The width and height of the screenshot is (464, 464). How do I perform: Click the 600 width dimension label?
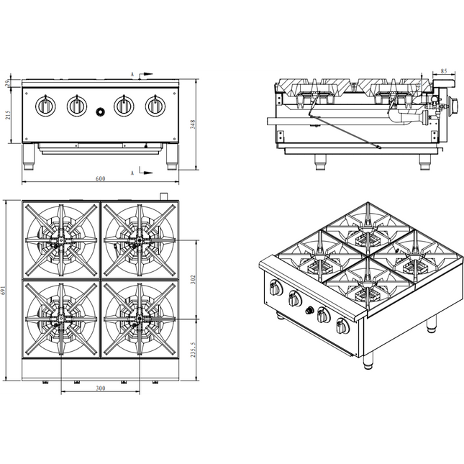(100, 178)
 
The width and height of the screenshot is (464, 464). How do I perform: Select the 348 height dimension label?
(193, 124)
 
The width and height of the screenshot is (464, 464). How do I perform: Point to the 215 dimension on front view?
(8, 115)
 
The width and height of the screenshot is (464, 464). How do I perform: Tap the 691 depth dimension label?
(4, 291)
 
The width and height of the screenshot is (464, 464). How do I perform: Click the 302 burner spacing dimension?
(193, 279)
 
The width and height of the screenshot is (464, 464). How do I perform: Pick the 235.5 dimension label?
(193, 350)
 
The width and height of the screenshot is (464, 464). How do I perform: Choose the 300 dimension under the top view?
(100, 388)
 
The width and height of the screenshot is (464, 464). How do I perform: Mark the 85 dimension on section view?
(444, 71)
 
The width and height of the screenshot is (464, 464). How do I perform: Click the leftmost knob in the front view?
(45, 106)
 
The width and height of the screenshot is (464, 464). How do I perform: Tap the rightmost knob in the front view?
(155, 106)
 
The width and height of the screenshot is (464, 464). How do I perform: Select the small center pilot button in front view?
(101, 112)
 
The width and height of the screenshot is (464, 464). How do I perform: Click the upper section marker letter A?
(132, 74)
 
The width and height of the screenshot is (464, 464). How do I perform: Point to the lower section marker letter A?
(132, 173)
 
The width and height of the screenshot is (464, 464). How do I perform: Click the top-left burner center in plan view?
(61, 240)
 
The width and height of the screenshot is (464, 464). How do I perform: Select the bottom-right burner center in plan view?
(140, 319)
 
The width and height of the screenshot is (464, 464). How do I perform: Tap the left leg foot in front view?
(29, 167)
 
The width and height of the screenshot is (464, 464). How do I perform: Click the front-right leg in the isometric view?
(368, 362)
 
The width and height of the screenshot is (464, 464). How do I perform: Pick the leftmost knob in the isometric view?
(276, 288)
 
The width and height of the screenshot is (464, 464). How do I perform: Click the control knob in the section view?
(453, 104)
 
